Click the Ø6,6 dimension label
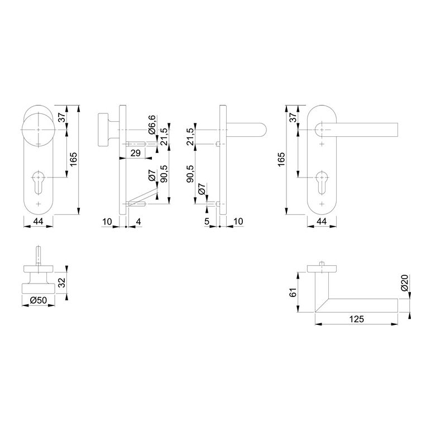pyautogui.click(x=152, y=124)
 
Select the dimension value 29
pyautogui.click(x=136, y=153)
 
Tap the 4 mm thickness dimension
pyautogui.click(x=138, y=222)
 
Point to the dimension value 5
pyautogui.click(x=207, y=222)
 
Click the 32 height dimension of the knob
pyautogui.click(x=62, y=283)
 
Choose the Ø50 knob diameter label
pyautogui.click(x=38, y=300)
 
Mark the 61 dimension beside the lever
pyautogui.click(x=293, y=293)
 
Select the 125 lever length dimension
pyautogui.click(x=357, y=319)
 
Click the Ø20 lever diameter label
pyautogui.click(x=404, y=283)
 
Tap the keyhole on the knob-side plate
pyautogui.click(x=38, y=182)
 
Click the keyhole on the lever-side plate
pyautogui.click(x=322, y=182)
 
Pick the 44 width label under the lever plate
pyautogui.click(x=322, y=222)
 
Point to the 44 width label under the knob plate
pyautogui.click(x=38, y=222)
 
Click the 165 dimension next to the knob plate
pyautogui.click(x=73, y=159)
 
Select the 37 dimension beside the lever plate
pyautogui.click(x=293, y=118)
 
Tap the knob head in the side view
pyautogui.click(x=103, y=129)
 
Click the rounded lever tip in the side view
pyautogui.click(x=263, y=130)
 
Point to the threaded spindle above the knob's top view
pyautogui.click(x=38, y=256)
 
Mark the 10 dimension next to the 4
pyautogui.click(x=107, y=222)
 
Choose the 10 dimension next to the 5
pyautogui.click(x=238, y=222)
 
